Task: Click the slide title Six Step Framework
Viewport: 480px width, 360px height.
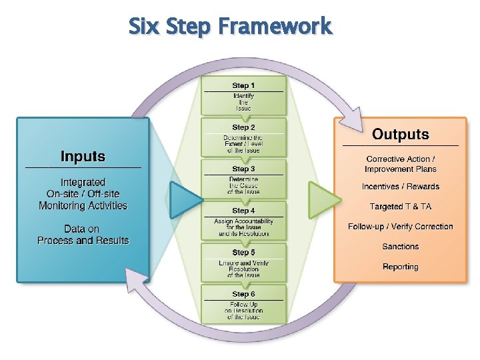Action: [229, 27]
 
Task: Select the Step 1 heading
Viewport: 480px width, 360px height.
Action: [243, 85]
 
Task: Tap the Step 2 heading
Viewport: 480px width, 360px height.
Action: [243, 127]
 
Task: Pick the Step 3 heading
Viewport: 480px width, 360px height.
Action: [243, 169]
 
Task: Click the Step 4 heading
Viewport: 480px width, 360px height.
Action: [243, 211]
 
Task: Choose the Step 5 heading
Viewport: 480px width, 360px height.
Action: [243, 253]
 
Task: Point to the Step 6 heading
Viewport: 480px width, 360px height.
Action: [243, 294]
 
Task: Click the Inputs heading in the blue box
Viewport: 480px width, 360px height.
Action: [83, 157]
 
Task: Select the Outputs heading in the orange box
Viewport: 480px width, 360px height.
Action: [400, 135]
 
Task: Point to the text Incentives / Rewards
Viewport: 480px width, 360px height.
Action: [400, 187]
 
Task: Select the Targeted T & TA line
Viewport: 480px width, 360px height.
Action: [400, 207]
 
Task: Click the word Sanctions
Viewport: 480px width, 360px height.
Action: [400, 247]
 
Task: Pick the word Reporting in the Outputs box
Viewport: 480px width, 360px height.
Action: [400, 267]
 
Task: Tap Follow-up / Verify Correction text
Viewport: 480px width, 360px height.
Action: [400, 227]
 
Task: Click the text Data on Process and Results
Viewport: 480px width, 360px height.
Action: [83, 235]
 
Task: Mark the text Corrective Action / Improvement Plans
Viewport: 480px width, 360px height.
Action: [400, 164]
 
